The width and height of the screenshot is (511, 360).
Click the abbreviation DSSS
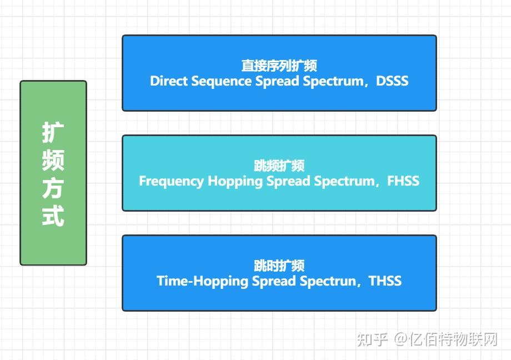[x=392, y=81]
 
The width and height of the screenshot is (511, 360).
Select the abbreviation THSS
[x=385, y=281]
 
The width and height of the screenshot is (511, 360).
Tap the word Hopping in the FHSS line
[x=235, y=182]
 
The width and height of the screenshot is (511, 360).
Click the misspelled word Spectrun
[x=328, y=282]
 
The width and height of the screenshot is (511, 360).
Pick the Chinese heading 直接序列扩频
[x=279, y=66]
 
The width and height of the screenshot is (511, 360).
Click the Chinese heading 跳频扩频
[x=279, y=166]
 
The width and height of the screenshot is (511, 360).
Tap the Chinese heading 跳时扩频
[x=279, y=266]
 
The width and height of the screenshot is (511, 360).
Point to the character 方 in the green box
[x=53, y=188]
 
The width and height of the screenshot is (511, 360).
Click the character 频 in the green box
[x=53, y=161]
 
